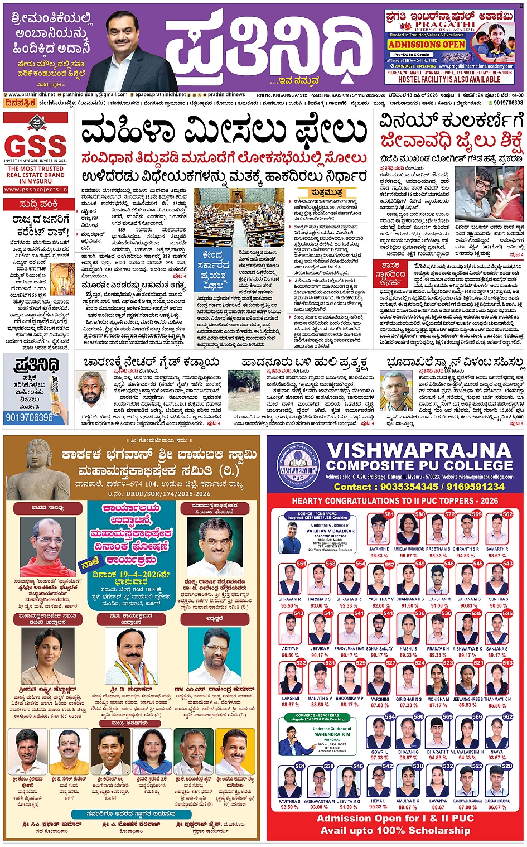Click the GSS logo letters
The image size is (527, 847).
(x=35, y=147)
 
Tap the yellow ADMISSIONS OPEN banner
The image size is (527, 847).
(x=427, y=45)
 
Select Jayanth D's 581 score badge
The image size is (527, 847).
(x=389, y=514)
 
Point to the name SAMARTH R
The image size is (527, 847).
(x=497, y=549)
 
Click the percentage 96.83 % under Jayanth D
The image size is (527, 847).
(x=379, y=556)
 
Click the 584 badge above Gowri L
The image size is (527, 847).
(x=389, y=716)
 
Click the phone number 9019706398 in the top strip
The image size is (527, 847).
(x=508, y=103)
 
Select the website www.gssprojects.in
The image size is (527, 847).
(x=35, y=190)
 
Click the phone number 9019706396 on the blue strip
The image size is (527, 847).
(x=29, y=417)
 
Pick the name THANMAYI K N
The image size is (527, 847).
(x=497, y=699)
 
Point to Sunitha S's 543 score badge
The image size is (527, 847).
(x=507, y=564)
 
